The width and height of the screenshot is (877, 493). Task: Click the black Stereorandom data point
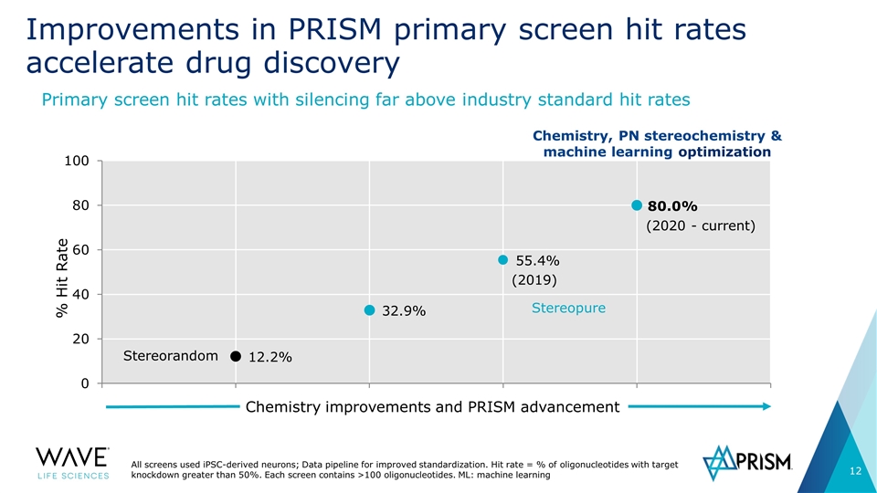pyautogui.click(x=236, y=356)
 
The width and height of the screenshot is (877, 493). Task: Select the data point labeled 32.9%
pyautogui.click(x=369, y=309)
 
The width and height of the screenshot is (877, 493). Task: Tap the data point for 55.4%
pyautogui.click(x=502, y=260)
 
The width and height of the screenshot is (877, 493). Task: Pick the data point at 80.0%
pyautogui.click(x=637, y=205)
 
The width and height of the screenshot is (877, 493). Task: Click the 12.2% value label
pyautogui.click(x=270, y=357)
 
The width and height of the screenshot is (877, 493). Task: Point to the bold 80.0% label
pyautogui.click(x=672, y=206)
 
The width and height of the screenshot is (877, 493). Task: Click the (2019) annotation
pyautogui.click(x=534, y=279)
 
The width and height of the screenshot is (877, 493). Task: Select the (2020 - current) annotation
pyautogui.click(x=701, y=226)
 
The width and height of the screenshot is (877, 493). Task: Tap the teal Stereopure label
pyautogui.click(x=568, y=308)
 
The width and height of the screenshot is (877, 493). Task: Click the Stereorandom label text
pyautogui.click(x=171, y=355)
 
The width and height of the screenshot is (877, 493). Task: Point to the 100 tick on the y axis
pyautogui.click(x=77, y=161)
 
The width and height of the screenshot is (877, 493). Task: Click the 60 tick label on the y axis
pyautogui.click(x=81, y=250)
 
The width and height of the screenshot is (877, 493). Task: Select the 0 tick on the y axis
pyautogui.click(x=85, y=383)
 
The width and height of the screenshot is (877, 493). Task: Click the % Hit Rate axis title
pyautogui.click(x=62, y=278)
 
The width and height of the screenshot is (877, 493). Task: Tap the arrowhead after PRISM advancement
pyautogui.click(x=766, y=406)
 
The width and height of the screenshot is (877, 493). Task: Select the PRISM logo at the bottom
pyautogui.click(x=747, y=462)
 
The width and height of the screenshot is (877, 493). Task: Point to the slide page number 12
pyautogui.click(x=855, y=471)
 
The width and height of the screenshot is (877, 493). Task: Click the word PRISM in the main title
pyautogui.click(x=335, y=29)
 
